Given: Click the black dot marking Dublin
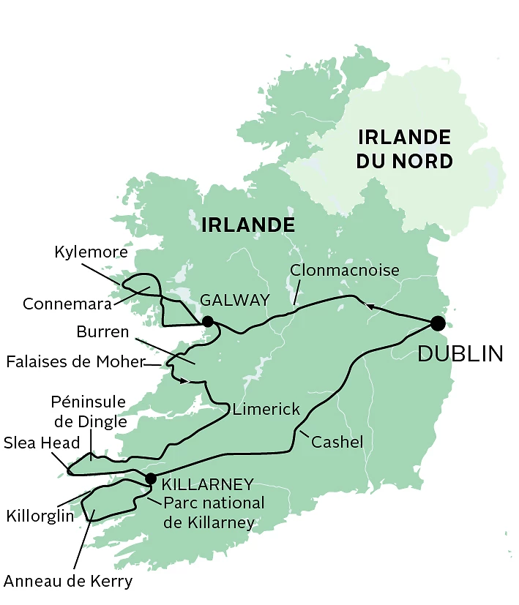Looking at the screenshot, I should (438, 323).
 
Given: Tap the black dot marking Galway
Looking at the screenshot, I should (208, 321).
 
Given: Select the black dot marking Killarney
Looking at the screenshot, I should (151, 478).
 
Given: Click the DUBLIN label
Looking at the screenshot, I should (460, 354).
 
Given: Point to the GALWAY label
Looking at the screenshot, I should (234, 300).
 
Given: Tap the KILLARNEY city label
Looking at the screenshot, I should (207, 484).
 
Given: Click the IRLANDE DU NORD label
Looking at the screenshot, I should (404, 149).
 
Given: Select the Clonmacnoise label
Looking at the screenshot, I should (345, 270).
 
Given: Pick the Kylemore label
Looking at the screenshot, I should (92, 252).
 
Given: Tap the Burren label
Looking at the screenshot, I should (102, 332).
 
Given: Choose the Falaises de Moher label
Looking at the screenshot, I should (75, 361).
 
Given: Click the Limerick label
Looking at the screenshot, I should (266, 410).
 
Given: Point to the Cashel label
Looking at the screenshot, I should (337, 442).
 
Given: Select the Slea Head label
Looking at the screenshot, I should (41, 443).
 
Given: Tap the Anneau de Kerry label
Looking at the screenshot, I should (68, 582).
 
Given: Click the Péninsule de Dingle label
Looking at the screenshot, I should (89, 411).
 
